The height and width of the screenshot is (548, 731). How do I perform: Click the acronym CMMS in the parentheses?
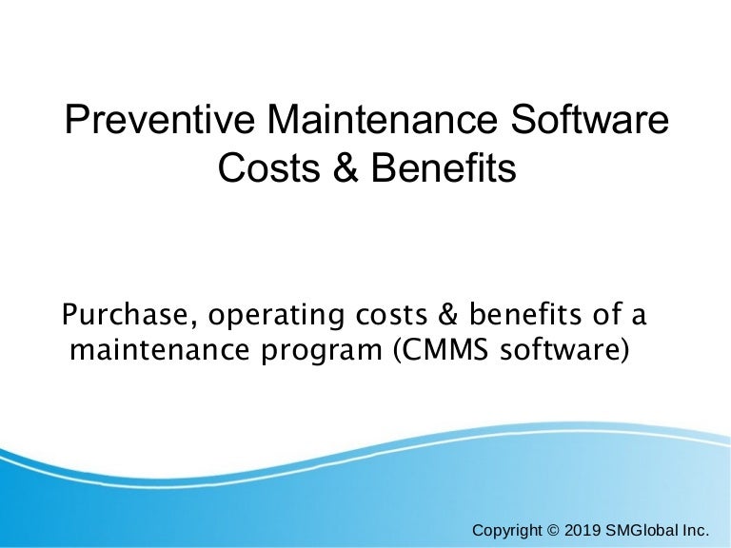point(435,351)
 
